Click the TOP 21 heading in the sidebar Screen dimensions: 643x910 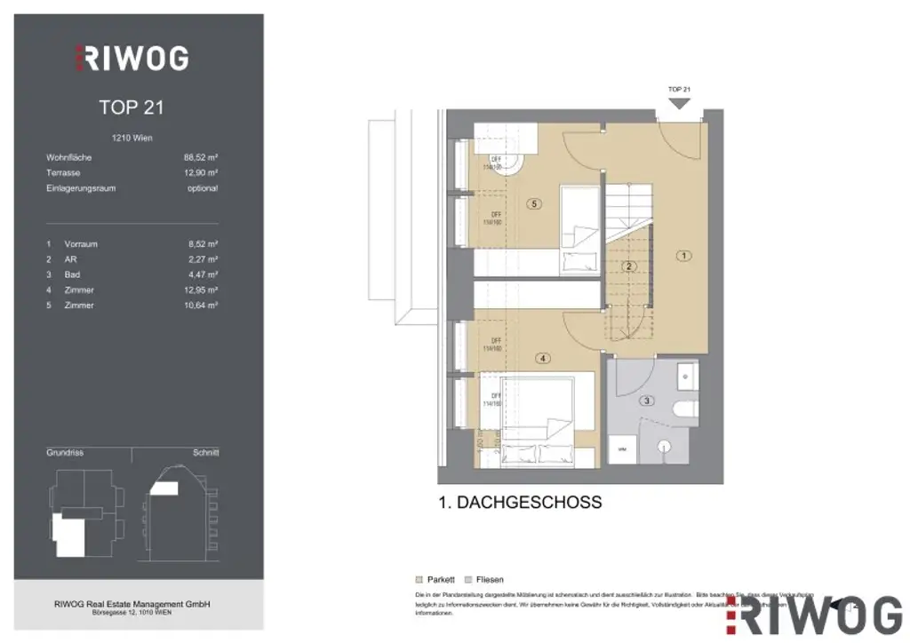click(132, 107)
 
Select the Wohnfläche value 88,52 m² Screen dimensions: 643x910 click(200, 158)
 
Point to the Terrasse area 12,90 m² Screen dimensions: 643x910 click(200, 173)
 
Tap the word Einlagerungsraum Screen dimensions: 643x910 click(81, 188)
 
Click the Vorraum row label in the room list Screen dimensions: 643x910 click(81, 243)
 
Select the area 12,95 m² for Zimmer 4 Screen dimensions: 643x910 click(200, 290)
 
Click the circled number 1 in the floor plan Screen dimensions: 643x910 click(683, 256)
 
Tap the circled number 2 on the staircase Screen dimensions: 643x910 click(628, 266)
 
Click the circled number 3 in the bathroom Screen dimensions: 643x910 click(648, 401)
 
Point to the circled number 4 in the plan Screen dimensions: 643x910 click(543, 359)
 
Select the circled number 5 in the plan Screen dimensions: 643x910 click(533, 203)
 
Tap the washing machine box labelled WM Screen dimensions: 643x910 click(621, 450)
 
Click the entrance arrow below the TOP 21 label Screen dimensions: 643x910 click(679, 103)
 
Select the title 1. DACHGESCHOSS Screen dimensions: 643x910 click(520, 503)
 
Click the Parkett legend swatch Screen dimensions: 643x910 click(419, 579)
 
